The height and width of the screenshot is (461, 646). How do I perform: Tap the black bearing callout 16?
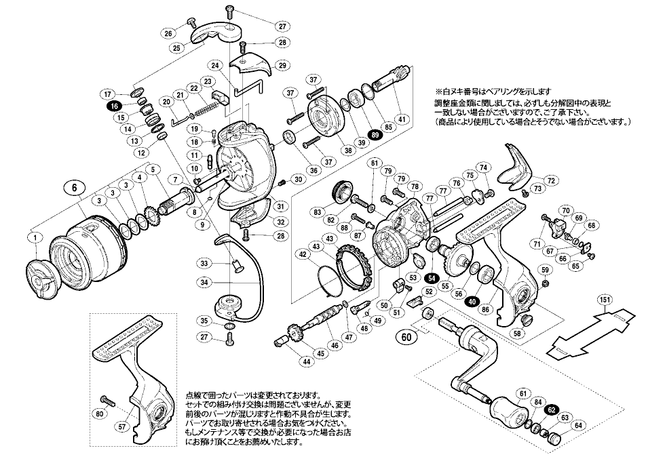113,106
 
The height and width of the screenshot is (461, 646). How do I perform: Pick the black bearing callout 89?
375,135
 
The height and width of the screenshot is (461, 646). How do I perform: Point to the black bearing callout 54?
432,278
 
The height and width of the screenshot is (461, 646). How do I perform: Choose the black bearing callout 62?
552,409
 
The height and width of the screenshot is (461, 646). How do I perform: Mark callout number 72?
551,180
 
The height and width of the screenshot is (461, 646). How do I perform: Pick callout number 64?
578,426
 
